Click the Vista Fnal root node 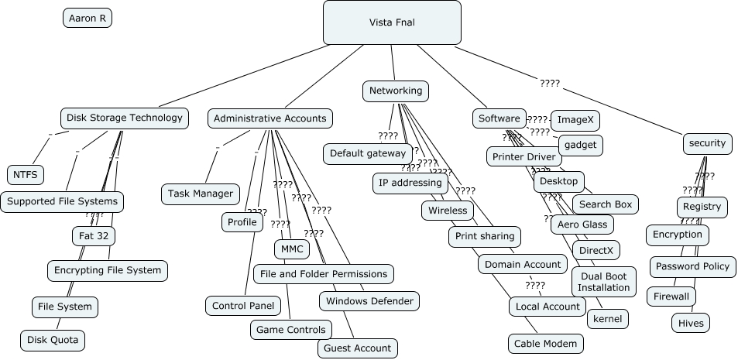click(392, 22)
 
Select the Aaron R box click(88, 18)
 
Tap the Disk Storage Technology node click(124, 118)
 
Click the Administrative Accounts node click(270, 118)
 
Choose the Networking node click(396, 91)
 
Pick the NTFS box click(26, 175)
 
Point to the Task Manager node click(201, 194)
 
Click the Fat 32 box click(94, 235)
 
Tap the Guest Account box click(357, 348)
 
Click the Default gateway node click(368, 153)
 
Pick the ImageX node click(575, 120)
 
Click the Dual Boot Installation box click(603, 282)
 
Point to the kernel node click(607, 318)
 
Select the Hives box click(690, 323)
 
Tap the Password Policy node click(692, 266)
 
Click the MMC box click(292, 249)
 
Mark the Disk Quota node click(52, 339)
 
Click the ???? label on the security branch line click(550, 83)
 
